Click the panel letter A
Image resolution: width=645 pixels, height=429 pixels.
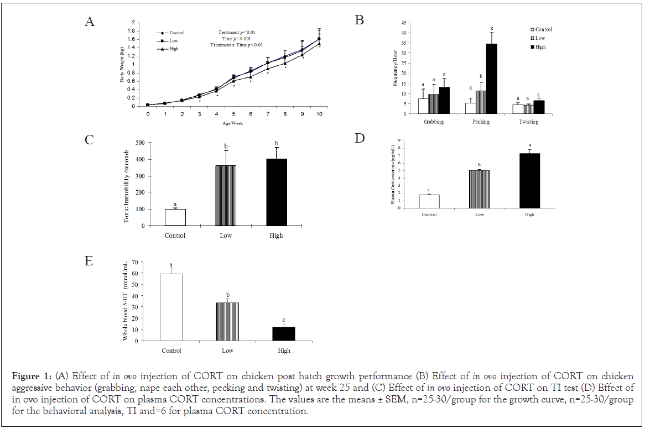[89, 22]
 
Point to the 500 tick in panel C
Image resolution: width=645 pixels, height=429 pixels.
[140, 143]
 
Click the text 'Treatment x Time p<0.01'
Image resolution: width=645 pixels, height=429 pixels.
[237, 45]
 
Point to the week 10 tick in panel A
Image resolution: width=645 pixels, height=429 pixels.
[320, 114]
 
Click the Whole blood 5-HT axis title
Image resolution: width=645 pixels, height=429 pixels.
[125, 307]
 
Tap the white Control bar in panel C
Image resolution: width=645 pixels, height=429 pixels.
[175, 217]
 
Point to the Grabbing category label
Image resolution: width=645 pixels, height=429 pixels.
[434, 122]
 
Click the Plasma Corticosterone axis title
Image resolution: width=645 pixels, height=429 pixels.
[393, 175]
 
